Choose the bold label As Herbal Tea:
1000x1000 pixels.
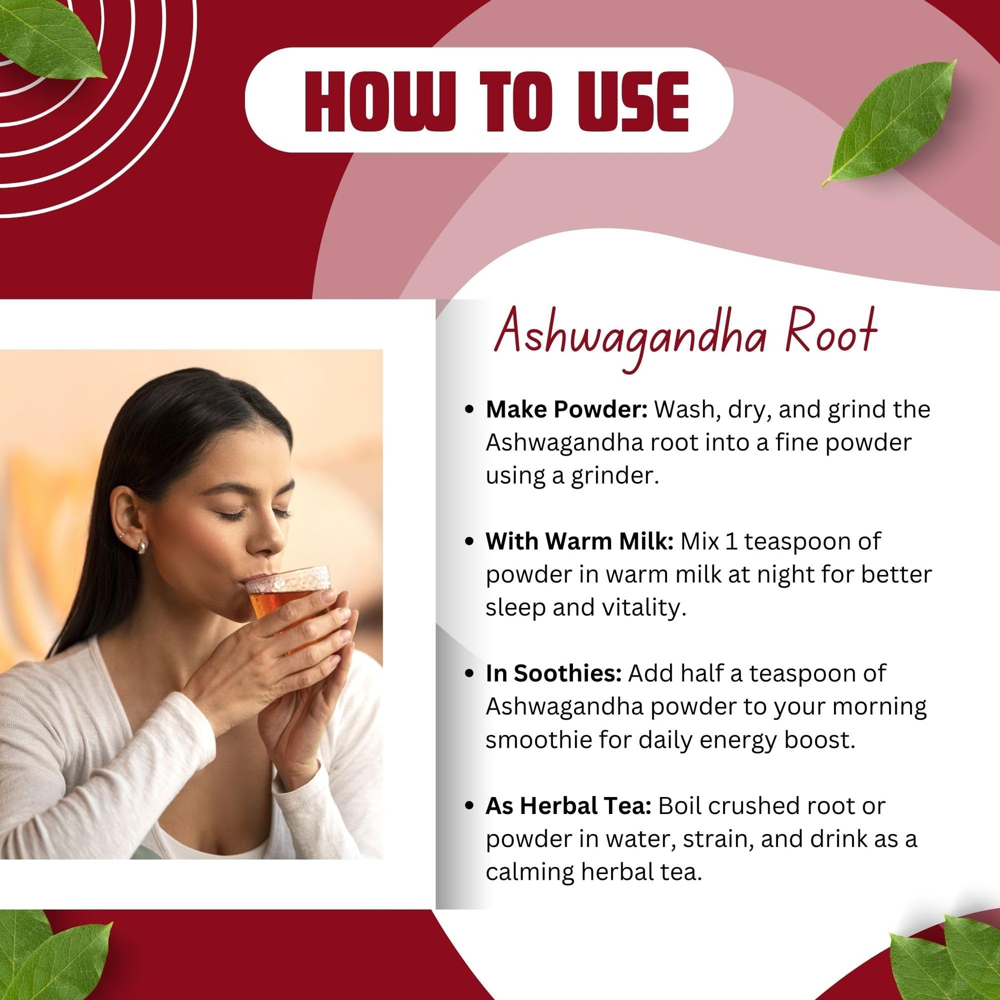point(568,806)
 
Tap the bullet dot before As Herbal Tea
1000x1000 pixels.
point(470,806)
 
